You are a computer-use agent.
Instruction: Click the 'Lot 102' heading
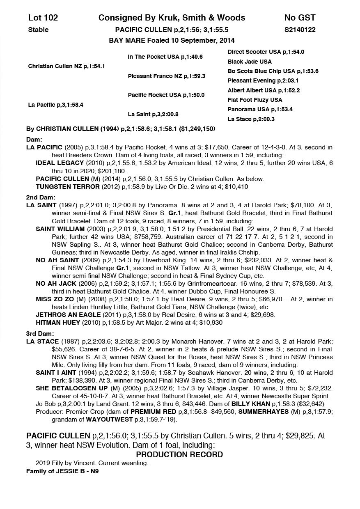43,18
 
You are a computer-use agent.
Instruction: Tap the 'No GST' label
300,18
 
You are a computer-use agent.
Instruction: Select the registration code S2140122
300,30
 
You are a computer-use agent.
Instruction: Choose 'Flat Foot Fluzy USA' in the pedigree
255,100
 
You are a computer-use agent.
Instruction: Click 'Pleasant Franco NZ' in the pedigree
166,76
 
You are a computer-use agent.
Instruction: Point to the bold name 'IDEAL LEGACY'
60,163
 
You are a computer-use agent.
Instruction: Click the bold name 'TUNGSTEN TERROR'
68,187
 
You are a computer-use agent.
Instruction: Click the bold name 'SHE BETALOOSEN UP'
72,388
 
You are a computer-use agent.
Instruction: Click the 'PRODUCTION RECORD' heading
179,455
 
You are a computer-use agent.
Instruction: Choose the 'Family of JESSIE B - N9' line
62,471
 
